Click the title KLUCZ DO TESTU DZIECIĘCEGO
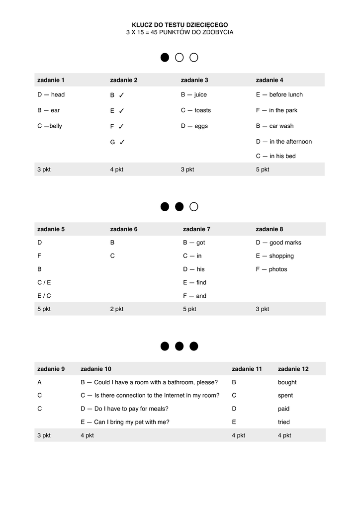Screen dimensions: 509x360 [x=180, y=24]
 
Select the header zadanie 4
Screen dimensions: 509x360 [x=270, y=80]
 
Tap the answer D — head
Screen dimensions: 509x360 [x=51, y=94]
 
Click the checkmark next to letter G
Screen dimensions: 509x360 [x=122, y=142]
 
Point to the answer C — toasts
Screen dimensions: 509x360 [x=195, y=110]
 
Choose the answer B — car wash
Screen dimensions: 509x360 [x=274, y=126]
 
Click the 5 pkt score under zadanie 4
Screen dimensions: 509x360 [x=263, y=170]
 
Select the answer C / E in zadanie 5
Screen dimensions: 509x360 [x=44, y=282]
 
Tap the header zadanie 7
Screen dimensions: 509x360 [x=196, y=229]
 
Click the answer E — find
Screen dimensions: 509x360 [x=194, y=282]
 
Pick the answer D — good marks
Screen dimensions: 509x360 [x=278, y=243]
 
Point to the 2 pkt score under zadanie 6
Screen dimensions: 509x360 [x=117, y=309]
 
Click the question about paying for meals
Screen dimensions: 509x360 [x=124, y=409]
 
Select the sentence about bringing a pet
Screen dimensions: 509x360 [x=125, y=422]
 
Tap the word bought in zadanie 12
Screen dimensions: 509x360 [x=287, y=382]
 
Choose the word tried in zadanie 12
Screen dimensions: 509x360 [x=284, y=422]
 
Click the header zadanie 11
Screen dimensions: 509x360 [x=247, y=369]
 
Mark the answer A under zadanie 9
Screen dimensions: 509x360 [x=39, y=382]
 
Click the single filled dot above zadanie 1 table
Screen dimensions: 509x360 [x=165, y=58]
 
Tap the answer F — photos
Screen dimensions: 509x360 [x=271, y=269]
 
